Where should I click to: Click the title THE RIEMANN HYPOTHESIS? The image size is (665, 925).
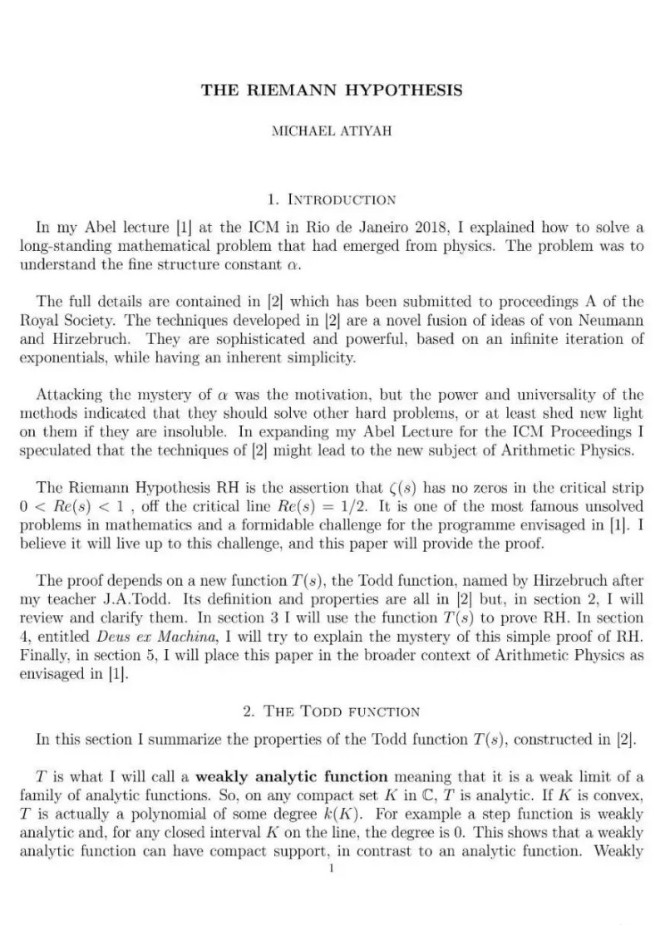coord(332,90)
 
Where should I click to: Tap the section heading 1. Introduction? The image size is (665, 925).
coord(332,199)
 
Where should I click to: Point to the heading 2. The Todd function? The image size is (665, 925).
coord(332,711)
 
